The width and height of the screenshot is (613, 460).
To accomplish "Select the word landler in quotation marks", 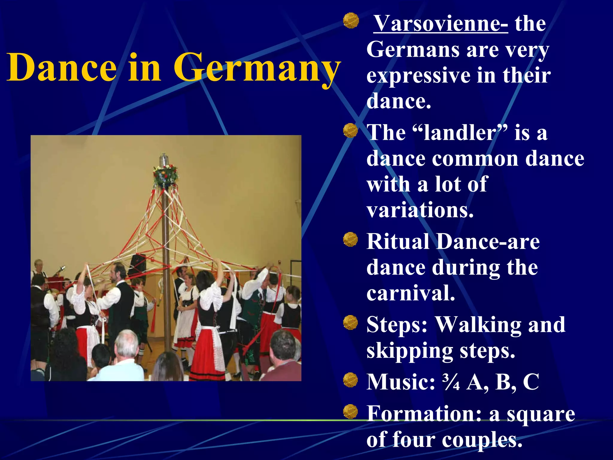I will pos(460,132).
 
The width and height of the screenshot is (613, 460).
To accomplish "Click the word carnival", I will pos(411,293).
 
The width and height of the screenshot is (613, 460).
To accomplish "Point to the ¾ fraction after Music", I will pos(451,382).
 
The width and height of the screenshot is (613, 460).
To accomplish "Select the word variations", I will pos(420,210).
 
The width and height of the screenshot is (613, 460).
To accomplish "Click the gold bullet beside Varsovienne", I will pos(351,21).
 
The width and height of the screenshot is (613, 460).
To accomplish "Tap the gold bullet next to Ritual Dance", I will pos(350,240).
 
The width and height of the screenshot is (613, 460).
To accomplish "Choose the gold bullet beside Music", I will pos(350,380).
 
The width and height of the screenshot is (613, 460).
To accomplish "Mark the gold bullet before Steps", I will pos(350,323).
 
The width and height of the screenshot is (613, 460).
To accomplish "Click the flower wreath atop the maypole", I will pos(165,175).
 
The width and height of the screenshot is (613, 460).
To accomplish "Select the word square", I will pos(541,414).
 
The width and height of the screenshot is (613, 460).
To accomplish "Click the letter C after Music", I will pos(531,382).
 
